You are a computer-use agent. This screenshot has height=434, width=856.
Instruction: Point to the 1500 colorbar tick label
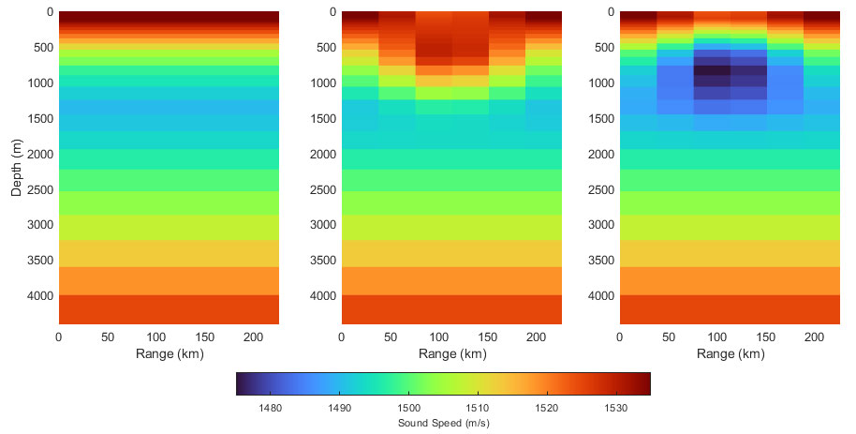[x=408, y=407]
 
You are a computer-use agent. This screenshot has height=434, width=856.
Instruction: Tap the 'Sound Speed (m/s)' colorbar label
[x=442, y=423]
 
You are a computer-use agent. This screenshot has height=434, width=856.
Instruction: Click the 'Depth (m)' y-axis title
[x=17, y=168]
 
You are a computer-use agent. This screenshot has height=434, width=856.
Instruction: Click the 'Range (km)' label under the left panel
[x=169, y=354]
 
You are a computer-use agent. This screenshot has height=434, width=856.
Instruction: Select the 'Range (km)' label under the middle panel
[x=451, y=354]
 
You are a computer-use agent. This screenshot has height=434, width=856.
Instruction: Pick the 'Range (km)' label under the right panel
[x=730, y=354]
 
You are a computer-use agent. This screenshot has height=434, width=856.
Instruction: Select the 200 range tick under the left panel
[x=253, y=337]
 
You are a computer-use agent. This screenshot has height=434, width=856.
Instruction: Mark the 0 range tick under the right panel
[x=620, y=337]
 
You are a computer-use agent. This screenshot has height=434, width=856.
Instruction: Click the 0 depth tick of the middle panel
[x=332, y=12]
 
